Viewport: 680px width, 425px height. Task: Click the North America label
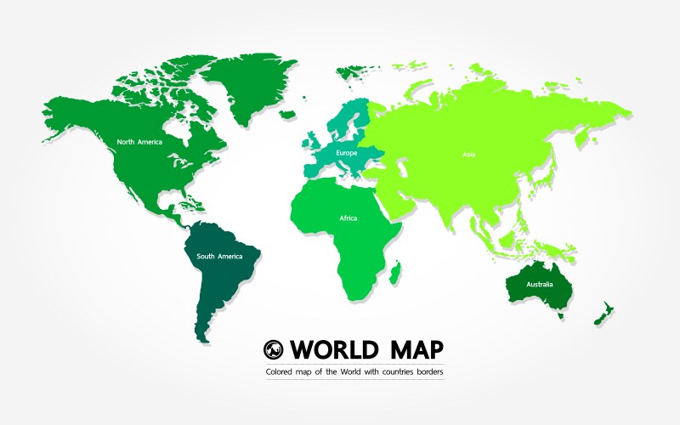[139, 142]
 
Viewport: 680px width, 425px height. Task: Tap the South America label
[219, 256]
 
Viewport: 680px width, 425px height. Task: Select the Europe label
[346, 153]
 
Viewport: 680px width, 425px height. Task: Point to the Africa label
[348, 218]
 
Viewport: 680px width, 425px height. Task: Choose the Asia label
[469, 155]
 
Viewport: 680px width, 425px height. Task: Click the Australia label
[539, 284]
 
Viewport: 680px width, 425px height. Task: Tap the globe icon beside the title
[273, 348]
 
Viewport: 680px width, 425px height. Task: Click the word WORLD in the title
[326, 349]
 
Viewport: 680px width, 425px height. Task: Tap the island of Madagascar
[395, 273]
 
